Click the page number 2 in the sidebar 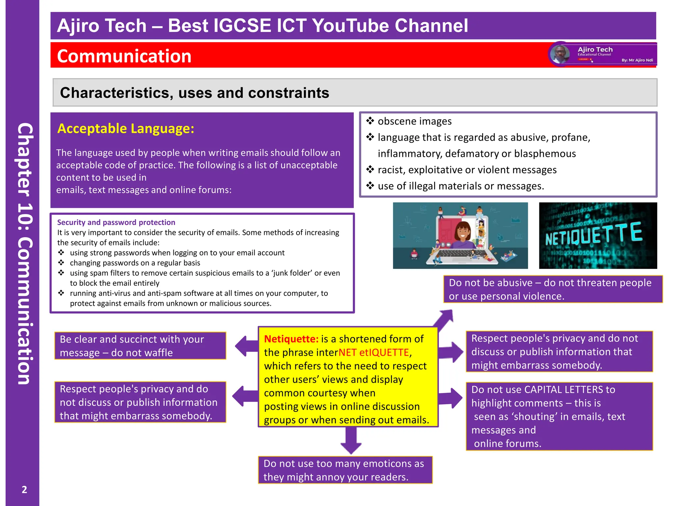pyautogui.click(x=24, y=490)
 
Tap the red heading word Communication pyautogui.click(x=124, y=56)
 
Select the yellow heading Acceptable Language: pyautogui.click(x=126, y=128)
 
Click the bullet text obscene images pyautogui.click(x=414, y=121)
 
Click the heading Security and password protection pyautogui.click(x=116, y=222)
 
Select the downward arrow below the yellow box pyautogui.click(x=351, y=441)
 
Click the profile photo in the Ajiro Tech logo pyautogui.click(x=560, y=54)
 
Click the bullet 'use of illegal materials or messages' pyautogui.click(x=461, y=186)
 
